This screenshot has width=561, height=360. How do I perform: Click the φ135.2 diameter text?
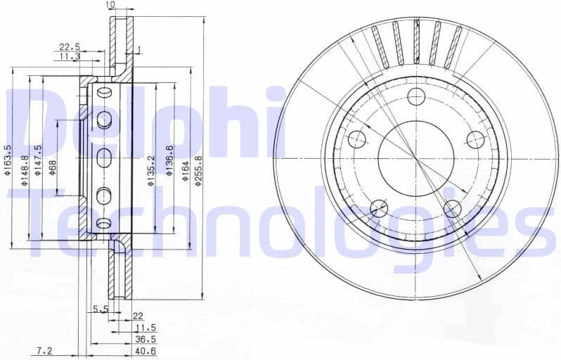(150, 172)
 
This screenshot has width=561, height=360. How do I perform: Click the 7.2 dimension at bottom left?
(46, 349)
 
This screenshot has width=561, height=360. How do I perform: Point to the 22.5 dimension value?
(69, 47)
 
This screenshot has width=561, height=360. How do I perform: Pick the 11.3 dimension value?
(69, 56)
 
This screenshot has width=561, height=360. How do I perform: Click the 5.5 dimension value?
(100, 309)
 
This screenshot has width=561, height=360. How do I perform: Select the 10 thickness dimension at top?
(110, 6)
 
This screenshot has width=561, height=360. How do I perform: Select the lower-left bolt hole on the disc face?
(379, 207)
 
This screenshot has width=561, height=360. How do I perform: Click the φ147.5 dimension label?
(39, 160)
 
